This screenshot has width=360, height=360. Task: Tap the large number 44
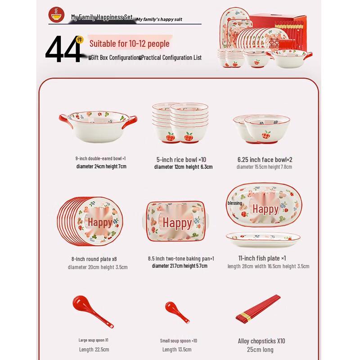click(63, 50)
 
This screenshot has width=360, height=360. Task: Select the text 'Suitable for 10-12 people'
click(130, 44)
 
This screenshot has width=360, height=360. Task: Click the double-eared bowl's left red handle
click(65, 121)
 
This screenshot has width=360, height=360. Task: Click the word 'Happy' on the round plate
click(100, 222)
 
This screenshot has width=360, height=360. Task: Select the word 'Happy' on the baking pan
click(177, 223)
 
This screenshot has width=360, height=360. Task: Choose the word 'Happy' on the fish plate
click(265, 209)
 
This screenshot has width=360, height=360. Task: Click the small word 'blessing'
click(235, 203)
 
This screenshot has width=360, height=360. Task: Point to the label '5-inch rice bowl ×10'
click(181, 160)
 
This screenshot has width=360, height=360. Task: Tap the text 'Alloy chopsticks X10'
click(261, 341)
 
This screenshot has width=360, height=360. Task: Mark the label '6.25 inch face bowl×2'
click(265, 160)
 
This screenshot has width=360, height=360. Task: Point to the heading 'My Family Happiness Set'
click(102, 17)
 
